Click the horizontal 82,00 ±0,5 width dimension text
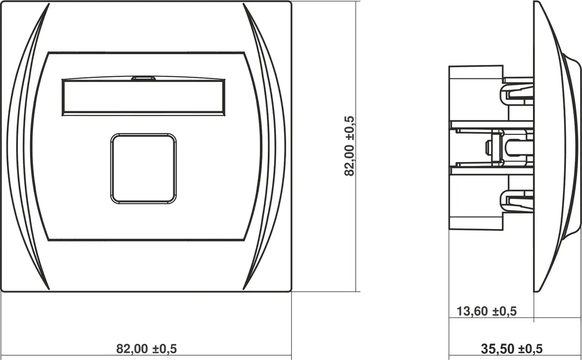tap(146, 349)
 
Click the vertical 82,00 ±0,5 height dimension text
tap(349, 146)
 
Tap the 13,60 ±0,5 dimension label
tap(486, 311)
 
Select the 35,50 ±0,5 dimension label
tap(512, 349)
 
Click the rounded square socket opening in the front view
tap(144, 168)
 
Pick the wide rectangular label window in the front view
tap(144, 97)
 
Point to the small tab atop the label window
tap(144, 78)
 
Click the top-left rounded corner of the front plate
tap(2, 2)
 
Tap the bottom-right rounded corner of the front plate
tap(290, 290)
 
